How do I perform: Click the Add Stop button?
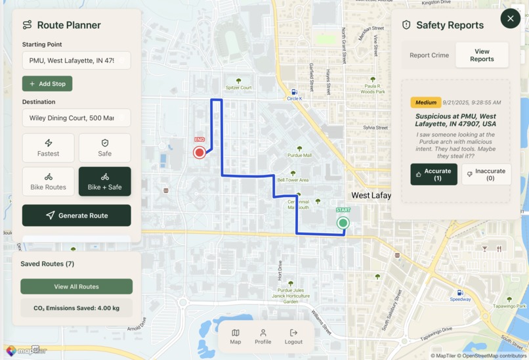47,84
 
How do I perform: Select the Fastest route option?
48,148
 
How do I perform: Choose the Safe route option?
104,148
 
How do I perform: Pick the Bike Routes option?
48,181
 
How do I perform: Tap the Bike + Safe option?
104,181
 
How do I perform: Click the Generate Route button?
76,215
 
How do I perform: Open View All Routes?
76,286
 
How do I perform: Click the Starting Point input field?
76,60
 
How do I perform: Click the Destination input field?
76,118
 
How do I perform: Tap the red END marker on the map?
200,152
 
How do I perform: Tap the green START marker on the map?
343,223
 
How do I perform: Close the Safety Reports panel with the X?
510,18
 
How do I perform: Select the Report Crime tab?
429,55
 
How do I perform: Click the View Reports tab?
482,55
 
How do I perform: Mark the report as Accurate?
433,175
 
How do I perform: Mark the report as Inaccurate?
486,175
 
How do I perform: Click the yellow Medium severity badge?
425,102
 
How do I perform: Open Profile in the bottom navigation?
263,336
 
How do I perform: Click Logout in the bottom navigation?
293,336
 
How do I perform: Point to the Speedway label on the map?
460,299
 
